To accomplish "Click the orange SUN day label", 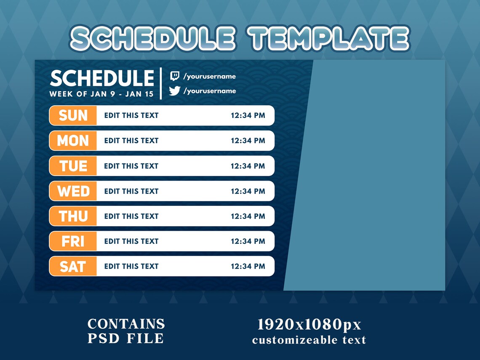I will pyautogui.click(x=73, y=115).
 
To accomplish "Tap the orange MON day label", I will pyautogui.click(x=73, y=141).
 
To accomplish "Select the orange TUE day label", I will pyautogui.click(x=73, y=166).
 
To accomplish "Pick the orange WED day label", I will pyautogui.click(x=73, y=191).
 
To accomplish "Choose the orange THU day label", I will pyautogui.click(x=73, y=216).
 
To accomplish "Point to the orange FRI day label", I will pyautogui.click(x=73, y=241).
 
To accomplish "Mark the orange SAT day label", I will pyautogui.click(x=73, y=266).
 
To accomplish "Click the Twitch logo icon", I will pyautogui.click(x=174, y=76).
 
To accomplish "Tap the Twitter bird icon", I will pyautogui.click(x=174, y=91).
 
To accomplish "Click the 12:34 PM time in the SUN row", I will pyautogui.click(x=248, y=115).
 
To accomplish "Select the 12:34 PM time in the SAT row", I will pyautogui.click(x=248, y=266).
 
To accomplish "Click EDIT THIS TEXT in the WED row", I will pyautogui.click(x=131, y=191).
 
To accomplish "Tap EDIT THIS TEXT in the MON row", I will pyautogui.click(x=131, y=141).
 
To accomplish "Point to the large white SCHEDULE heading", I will pyautogui.click(x=102, y=79).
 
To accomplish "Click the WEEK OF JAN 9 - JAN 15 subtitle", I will pyautogui.click(x=101, y=94).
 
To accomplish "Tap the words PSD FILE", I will pyautogui.click(x=125, y=338).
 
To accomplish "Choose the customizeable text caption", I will pyautogui.click(x=309, y=340).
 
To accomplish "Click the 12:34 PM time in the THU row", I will pyautogui.click(x=248, y=216).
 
